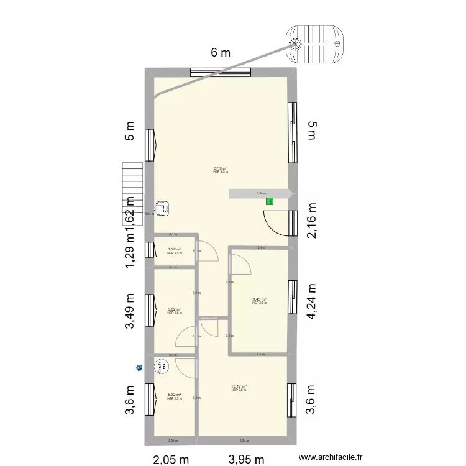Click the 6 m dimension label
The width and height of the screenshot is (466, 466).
point(221,53)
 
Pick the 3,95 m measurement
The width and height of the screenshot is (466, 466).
point(247,459)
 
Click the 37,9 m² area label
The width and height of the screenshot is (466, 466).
point(221,168)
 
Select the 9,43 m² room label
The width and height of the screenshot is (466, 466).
point(259,300)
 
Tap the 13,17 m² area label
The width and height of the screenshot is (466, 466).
point(239,387)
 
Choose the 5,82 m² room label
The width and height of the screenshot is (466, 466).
point(175,309)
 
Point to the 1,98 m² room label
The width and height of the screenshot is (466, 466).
point(175,250)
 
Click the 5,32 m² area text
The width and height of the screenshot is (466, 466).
point(175,395)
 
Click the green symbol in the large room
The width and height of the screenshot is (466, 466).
point(269,201)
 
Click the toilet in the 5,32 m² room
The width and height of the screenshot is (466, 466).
point(163,367)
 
